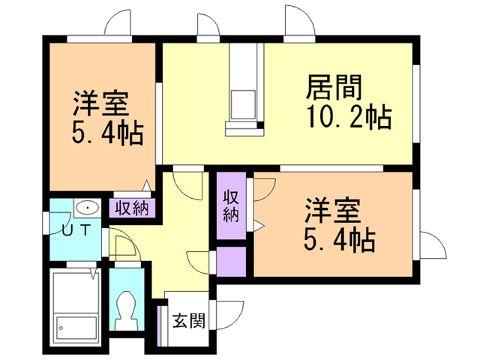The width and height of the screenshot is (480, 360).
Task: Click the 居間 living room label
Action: (334, 88)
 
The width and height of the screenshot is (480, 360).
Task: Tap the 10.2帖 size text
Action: (349, 117)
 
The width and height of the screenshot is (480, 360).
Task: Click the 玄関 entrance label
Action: (188, 320)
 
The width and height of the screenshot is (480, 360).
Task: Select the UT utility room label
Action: (76, 229)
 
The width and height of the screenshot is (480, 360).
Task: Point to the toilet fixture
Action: (126, 310)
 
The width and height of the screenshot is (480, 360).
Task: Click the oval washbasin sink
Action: (88, 208)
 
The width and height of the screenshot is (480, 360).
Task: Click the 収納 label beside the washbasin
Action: (132, 208)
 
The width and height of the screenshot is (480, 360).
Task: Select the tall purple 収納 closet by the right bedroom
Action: (232, 205)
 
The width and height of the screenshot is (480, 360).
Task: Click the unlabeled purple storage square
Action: (232, 262)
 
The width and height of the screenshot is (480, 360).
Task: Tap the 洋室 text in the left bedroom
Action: (100, 103)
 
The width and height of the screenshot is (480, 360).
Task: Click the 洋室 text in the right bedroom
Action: (332, 211)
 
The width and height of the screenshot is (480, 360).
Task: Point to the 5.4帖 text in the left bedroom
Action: (107, 133)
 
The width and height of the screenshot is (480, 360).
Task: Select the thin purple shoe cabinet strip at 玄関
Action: (159, 325)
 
